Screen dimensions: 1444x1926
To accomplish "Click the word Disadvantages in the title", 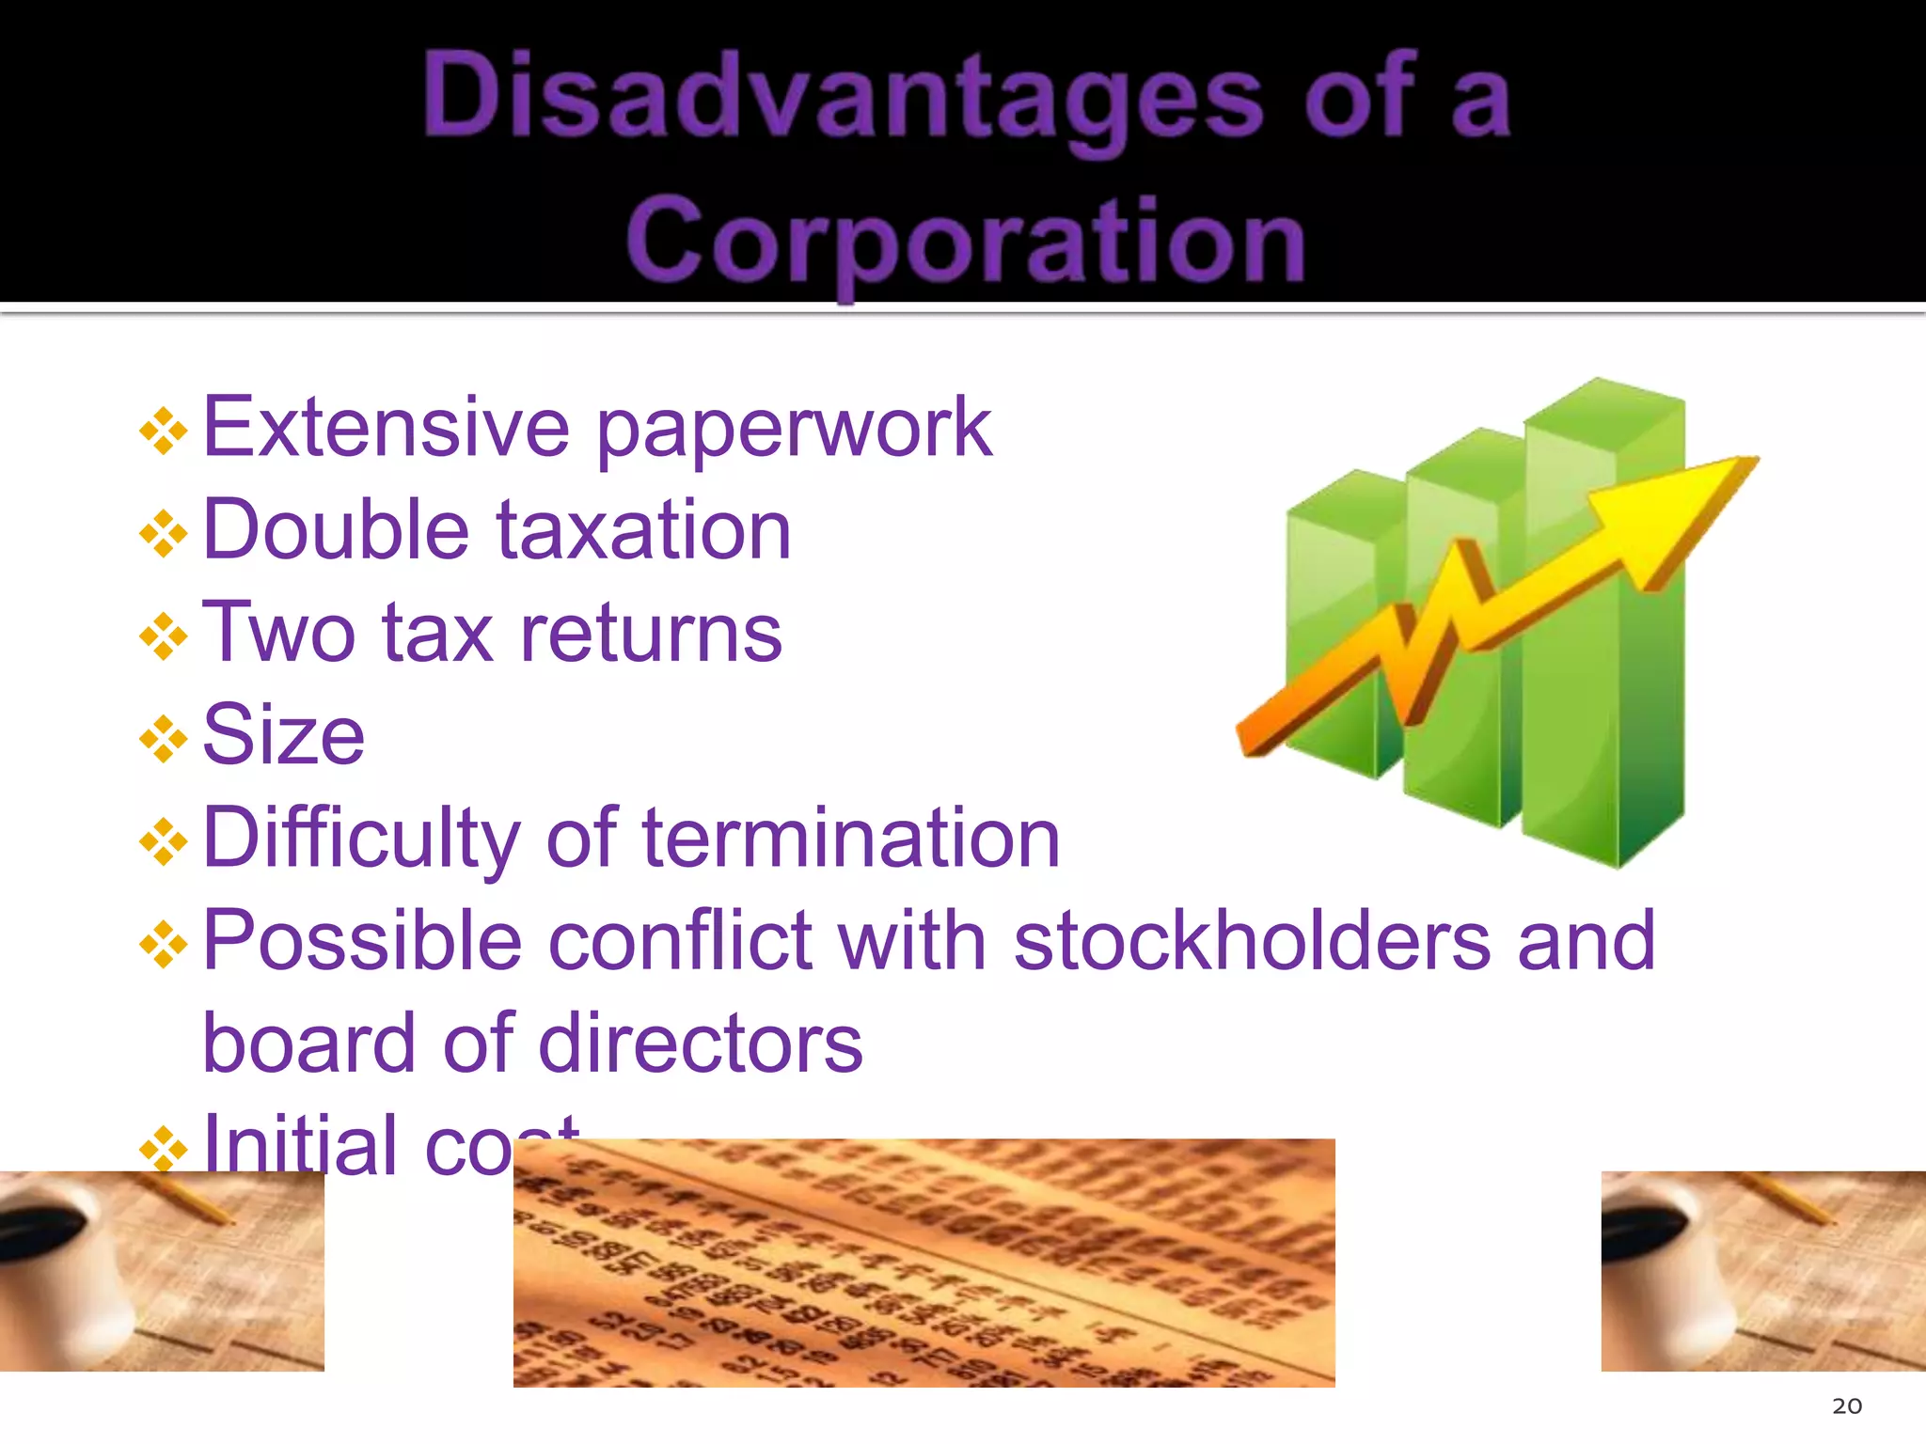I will coord(843,99).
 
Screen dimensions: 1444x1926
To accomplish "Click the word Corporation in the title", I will coord(966,241).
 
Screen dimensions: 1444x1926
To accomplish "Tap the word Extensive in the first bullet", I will coord(386,428).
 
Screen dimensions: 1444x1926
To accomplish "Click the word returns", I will coord(651,632).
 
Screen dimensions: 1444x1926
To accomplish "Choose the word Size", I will coord(283,734).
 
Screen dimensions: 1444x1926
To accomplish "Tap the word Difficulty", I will coord(360,839).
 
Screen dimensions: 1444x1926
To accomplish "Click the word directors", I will coord(700,1043).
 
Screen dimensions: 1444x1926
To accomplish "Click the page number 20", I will coord(1847,1405).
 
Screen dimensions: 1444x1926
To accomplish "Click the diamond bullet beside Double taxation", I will coord(164,533).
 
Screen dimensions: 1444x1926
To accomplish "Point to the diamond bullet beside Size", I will coord(164,739).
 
